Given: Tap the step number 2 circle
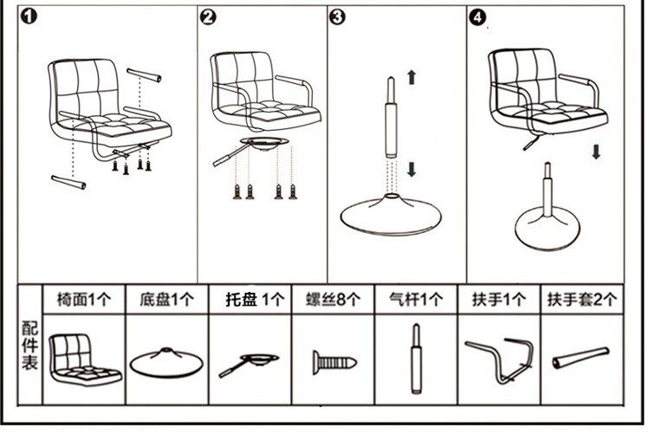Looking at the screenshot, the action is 208,17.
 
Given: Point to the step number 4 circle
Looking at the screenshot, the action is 477,17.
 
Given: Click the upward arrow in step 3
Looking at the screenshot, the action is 411,78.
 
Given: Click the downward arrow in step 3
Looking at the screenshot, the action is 411,168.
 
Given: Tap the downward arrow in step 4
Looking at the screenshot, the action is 596,152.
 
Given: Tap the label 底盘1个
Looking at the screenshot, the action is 166,301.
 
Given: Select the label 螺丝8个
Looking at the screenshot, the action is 333,301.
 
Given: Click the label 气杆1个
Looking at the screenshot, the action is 416,301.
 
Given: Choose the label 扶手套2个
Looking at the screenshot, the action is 582,301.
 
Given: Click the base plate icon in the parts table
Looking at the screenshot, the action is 167,359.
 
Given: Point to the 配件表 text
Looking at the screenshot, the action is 29,346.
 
